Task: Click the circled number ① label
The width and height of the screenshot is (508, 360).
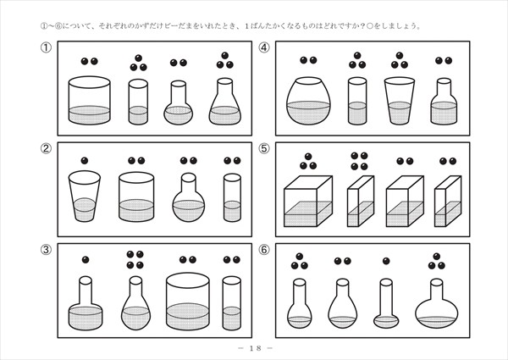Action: (46, 47)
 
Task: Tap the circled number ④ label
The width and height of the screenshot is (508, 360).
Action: (264, 47)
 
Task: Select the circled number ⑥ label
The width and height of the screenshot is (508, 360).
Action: (264, 250)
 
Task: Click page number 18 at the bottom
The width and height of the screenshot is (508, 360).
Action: (256, 348)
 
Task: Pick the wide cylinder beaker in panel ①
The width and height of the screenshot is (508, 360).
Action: (90, 101)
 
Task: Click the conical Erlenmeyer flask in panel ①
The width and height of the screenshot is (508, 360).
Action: (225, 101)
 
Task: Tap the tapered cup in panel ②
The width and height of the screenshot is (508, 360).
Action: (84, 197)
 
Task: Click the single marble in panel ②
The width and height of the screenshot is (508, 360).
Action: (85, 161)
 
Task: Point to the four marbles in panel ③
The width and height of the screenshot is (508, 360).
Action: (135, 260)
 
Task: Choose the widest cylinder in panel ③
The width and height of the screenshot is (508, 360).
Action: (188, 302)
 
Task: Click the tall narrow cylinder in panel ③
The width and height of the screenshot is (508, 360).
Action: (232, 303)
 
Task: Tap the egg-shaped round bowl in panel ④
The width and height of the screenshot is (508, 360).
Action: (308, 101)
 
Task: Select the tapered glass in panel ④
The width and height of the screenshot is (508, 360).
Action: (400, 101)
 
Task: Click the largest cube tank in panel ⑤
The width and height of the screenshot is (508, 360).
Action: (308, 202)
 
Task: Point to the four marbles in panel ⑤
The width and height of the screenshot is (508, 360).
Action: (360, 161)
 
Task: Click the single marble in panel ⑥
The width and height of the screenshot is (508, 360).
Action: (386, 261)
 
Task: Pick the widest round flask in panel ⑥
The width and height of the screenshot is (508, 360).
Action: (437, 303)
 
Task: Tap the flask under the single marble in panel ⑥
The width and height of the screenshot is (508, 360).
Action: (386, 303)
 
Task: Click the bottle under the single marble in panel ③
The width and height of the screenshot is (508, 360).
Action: (86, 303)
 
